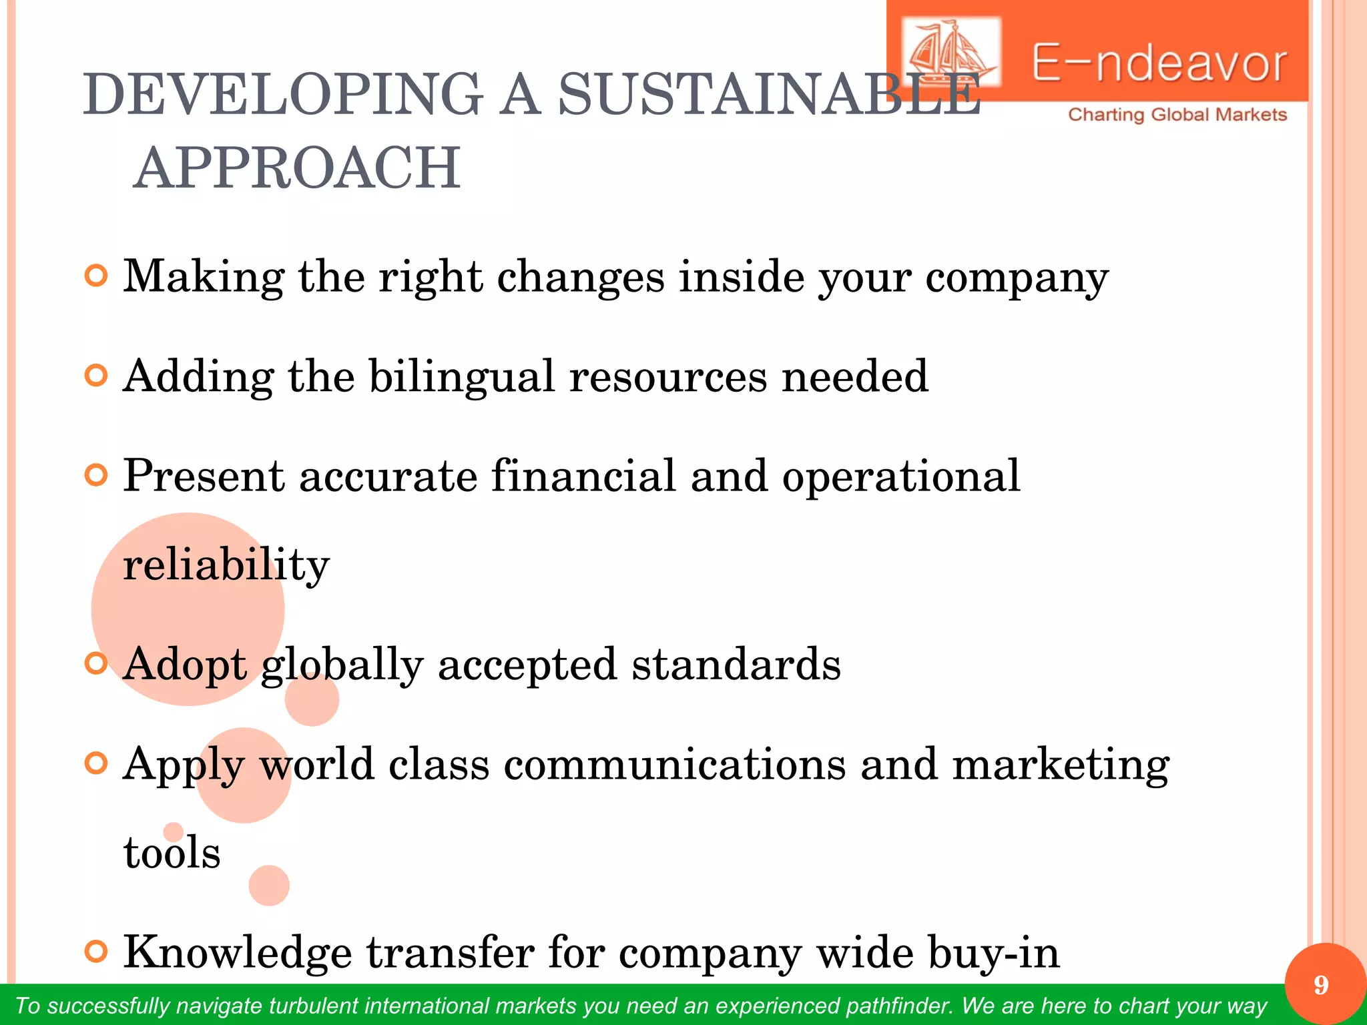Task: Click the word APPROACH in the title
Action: point(297,168)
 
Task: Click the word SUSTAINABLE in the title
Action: point(768,95)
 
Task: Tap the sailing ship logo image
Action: point(950,52)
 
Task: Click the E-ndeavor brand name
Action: point(1159,64)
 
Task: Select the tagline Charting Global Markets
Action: point(1177,115)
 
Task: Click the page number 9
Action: point(1321,986)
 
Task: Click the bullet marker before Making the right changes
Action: point(97,276)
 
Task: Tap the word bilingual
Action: point(462,376)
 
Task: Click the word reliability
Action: point(226,565)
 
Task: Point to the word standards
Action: point(736,665)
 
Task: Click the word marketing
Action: point(1060,765)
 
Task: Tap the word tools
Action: point(172,853)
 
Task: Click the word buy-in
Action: point(993,953)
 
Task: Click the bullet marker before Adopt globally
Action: point(97,664)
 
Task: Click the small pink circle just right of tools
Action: point(269,886)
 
